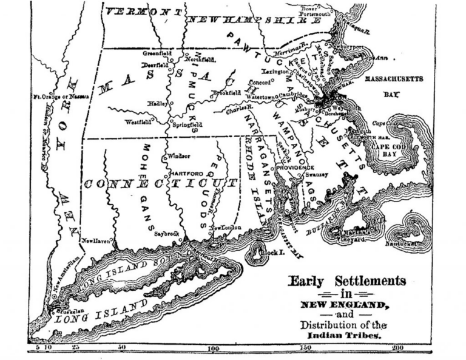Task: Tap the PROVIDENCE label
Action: (295, 168)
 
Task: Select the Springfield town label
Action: (189, 125)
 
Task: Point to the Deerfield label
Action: (153, 64)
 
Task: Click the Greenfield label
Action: (155, 53)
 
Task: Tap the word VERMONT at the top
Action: (143, 12)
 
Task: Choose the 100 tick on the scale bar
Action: (214, 349)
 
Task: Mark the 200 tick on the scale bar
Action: (397, 349)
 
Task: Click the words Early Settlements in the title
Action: (346, 281)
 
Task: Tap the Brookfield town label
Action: (222, 93)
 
